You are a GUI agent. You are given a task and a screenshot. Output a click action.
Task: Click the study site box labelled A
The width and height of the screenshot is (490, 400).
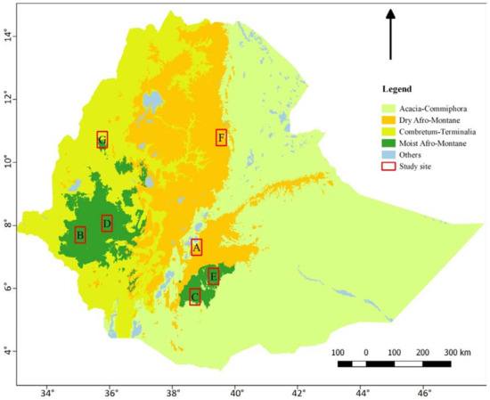click(x=197, y=247)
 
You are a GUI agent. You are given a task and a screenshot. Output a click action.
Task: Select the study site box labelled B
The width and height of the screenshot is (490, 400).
click(x=80, y=235)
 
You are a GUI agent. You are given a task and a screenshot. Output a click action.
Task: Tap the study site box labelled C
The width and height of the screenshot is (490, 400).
click(x=195, y=297)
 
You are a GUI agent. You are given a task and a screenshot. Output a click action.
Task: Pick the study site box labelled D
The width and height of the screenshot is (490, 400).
click(x=107, y=223)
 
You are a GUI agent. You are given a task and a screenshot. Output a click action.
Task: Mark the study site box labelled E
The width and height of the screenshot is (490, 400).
click(x=214, y=276)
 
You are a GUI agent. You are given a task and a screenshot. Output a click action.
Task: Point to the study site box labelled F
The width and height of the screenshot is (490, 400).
click(x=221, y=137)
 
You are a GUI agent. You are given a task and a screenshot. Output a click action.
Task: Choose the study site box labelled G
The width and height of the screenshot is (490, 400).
click(x=102, y=140)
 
